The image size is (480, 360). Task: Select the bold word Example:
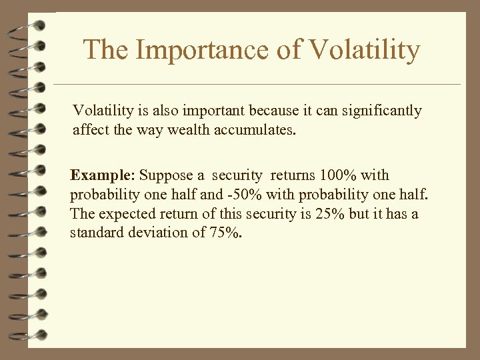(x=103, y=175)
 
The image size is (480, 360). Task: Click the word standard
(x=94, y=233)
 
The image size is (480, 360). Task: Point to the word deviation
(x=153, y=233)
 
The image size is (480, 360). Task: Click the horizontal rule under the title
(x=257, y=85)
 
